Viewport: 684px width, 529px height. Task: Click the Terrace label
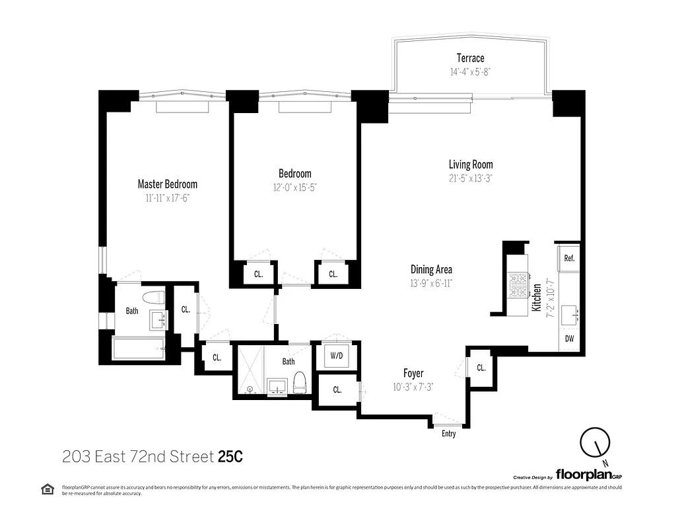coord(470,58)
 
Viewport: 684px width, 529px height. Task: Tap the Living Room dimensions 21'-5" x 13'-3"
coord(471,177)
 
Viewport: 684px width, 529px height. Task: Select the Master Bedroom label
coord(167,184)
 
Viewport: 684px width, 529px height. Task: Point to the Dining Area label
coord(431,269)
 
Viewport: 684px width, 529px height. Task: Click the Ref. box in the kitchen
coord(569,258)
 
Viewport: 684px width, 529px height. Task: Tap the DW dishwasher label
coord(569,339)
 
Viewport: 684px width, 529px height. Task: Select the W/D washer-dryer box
coord(337,356)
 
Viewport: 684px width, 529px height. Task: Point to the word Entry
coord(448,434)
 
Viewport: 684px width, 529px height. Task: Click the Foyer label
coord(413,374)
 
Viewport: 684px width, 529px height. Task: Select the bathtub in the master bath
coord(138,348)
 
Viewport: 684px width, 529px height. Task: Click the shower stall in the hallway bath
coord(250,370)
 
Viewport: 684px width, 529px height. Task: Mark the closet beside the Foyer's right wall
coord(481,368)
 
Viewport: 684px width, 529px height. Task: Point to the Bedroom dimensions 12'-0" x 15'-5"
coord(294,187)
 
